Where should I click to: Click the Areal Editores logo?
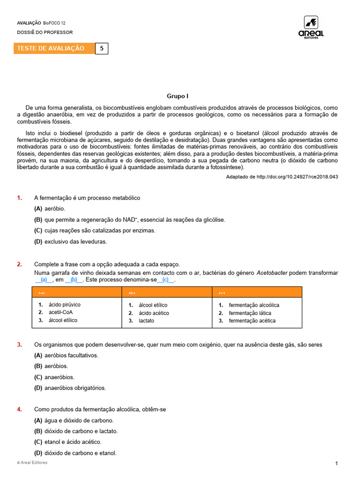[311, 27]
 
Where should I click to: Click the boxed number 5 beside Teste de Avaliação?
[101, 48]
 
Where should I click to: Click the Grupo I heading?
[178, 96]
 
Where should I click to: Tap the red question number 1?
[20, 198]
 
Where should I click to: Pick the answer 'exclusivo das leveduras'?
[76, 242]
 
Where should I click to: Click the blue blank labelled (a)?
[44, 280]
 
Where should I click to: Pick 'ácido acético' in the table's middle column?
[154, 313]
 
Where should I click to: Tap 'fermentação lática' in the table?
[250, 313]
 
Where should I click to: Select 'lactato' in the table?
[146, 321]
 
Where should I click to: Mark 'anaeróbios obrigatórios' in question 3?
[75, 388]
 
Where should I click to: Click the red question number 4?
[20, 409]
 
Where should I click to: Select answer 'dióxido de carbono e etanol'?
[80, 453]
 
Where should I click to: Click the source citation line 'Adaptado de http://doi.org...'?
[282, 177]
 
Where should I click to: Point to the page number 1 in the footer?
[337, 464]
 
